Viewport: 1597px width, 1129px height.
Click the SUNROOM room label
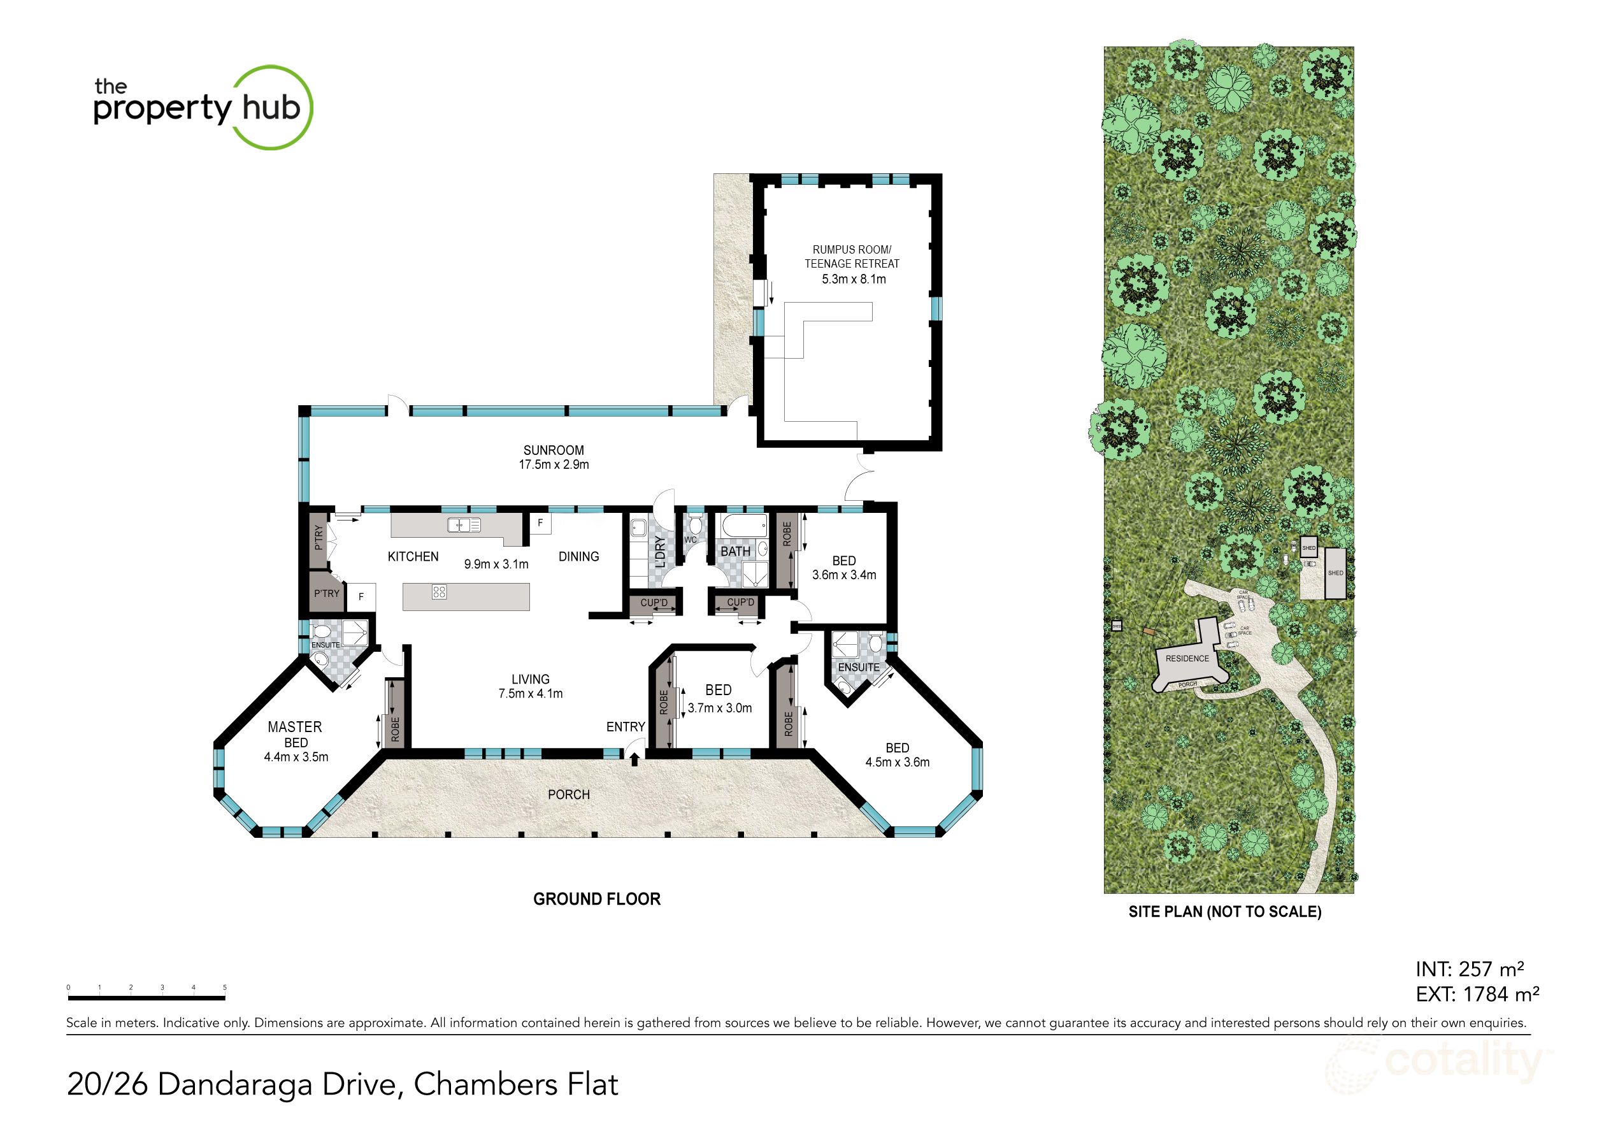point(554,450)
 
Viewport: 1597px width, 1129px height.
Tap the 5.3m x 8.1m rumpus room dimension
point(854,279)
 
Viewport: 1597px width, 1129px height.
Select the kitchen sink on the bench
point(464,525)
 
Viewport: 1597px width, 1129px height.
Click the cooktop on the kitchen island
point(439,592)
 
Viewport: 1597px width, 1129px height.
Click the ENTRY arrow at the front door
point(634,760)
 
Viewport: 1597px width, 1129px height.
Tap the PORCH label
point(568,795)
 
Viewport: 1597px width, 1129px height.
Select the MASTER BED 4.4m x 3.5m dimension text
point(296,757)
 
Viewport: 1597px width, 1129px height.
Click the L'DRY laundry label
point(659,552)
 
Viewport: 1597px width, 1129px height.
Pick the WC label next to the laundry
point(690,540)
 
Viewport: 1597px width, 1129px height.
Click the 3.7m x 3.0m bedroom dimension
point(720,708)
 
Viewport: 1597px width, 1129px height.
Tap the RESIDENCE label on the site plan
point(1187,658)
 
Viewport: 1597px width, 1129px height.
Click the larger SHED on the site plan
point(1335,573)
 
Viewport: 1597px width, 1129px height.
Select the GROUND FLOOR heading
point(597,899)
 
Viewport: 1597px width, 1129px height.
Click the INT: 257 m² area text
point(1470,969)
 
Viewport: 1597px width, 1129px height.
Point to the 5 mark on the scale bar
point(225,988)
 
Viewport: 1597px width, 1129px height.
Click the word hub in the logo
point(271,108)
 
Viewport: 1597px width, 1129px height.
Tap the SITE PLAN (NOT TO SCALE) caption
point(1225,912)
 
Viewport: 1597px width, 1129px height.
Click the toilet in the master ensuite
point(321,631)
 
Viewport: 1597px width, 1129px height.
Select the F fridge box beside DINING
point(540,523)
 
